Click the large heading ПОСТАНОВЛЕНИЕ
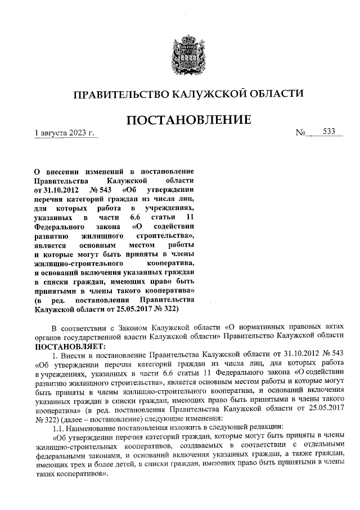(x=187, y=120)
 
